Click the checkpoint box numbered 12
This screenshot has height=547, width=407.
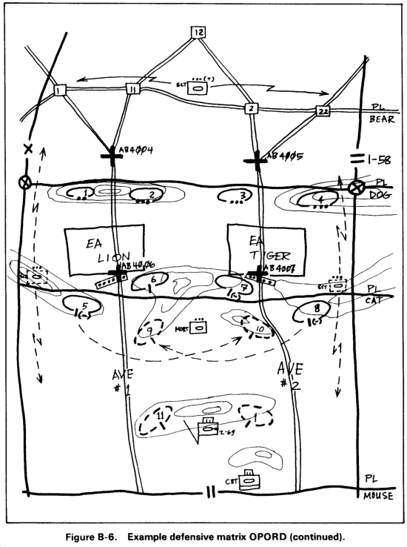click(198, 32)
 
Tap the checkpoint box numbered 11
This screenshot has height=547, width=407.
click(132, 90)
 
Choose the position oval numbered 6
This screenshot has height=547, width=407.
click(149, 281)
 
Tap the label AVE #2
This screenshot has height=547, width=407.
click(289, 374)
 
